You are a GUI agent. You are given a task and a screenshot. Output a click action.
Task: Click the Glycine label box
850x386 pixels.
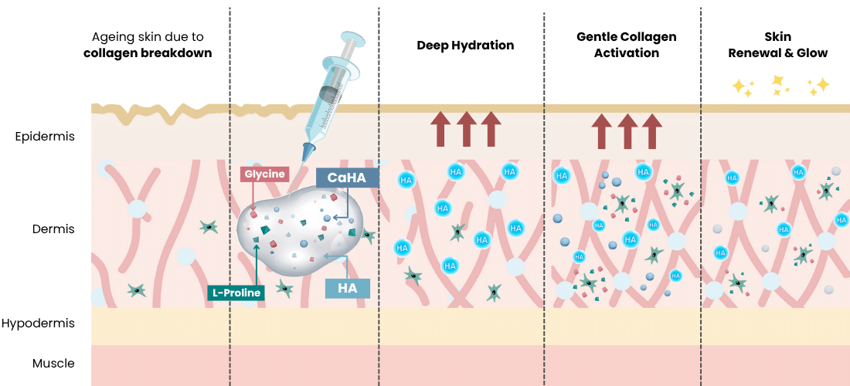click(265, 174)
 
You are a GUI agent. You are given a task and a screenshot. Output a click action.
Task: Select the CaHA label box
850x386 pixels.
click(347, 178)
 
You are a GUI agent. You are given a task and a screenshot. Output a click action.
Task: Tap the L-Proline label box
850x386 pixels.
click(236, 293)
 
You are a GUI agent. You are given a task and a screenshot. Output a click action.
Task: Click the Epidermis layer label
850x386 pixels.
click(44, 137)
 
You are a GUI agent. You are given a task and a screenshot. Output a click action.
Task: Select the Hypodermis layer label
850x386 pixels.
click(37, 323)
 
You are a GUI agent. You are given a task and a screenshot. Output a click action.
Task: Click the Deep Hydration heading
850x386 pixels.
click(465, 45)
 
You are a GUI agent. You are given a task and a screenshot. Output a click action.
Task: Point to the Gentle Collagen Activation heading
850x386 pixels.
click(626, 45)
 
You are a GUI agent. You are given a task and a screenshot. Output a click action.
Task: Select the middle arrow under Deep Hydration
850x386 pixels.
click(465, 128)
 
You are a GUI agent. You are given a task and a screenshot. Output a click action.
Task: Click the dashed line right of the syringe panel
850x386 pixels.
click(379, 193)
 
